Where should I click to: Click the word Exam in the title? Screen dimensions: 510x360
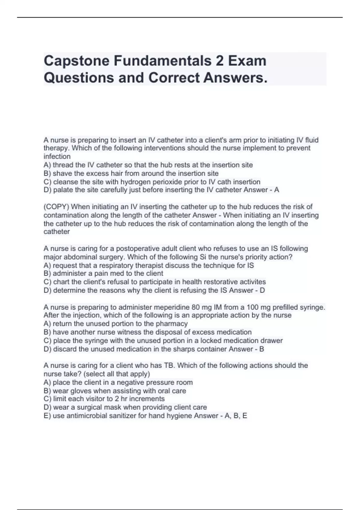[247, 61]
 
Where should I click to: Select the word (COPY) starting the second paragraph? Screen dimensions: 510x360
[56, 207]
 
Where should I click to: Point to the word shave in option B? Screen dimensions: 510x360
[61, 173]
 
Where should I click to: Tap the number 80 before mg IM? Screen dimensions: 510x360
[195, 307]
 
